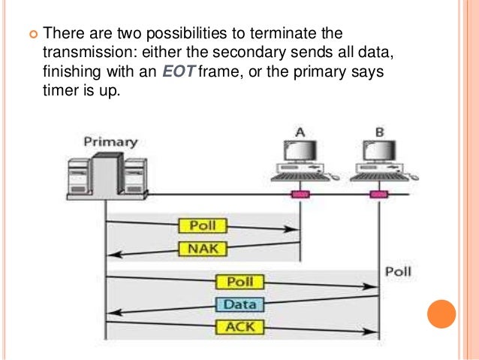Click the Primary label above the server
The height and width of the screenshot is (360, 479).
click(x=104, y=141)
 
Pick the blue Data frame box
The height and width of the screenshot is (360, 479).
click(x=240, y=305)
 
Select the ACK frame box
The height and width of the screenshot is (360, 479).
click(x=240, y=327)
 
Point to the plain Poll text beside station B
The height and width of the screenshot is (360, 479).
click(x=399, y=271)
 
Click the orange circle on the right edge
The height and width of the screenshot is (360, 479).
click(x=441, y=314)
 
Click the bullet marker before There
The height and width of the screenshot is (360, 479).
click(x=32, y=35)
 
